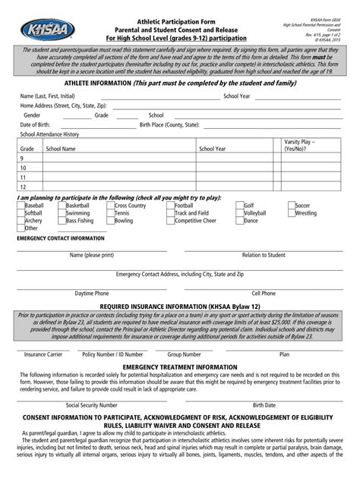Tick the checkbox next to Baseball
point(21,206)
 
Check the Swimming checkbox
point(62,213)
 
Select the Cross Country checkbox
point(111,206)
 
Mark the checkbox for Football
point(170,206)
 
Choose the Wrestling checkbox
point(291,213)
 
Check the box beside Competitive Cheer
point(170,221)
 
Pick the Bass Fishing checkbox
point(62,221)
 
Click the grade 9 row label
point(23,159)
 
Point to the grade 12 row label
point(24,186)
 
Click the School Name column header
point(61,149)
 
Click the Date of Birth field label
point(36,124)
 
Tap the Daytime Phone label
point(91,293)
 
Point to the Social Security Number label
point(92,405)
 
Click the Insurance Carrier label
point(43,354)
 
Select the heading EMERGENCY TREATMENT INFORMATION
point(180,367)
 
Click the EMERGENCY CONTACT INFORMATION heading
point(61,238)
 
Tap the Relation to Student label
point(264,255)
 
